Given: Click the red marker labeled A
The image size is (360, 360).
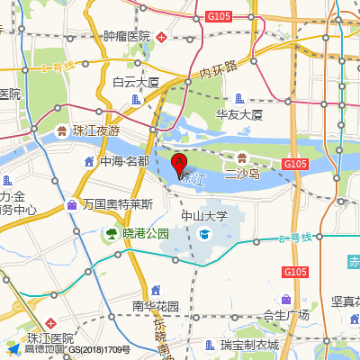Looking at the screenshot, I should tap(179, 164).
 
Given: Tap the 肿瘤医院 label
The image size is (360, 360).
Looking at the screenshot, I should tap(127, 36).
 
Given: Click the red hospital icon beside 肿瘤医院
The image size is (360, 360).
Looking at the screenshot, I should tap(160, 37).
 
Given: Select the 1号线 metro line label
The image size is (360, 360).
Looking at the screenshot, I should tap(58, 67).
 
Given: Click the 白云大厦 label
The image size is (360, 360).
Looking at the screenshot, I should tap(135, 82).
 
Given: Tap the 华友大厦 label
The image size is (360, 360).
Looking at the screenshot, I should tap(238, 114).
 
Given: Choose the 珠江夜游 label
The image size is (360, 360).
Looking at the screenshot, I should tap(96, 130).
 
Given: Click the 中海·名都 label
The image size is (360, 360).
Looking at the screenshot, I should tap(124, 162).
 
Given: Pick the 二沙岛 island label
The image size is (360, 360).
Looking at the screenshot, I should tap(242, 174).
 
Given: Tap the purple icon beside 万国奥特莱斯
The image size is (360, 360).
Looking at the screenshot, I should tap(71, 205).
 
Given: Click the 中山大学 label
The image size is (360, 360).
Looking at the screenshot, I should tap(204, 216).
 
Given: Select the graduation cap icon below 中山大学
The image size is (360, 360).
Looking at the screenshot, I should tap(204, 234).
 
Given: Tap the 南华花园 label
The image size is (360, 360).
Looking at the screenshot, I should tap(156, 306).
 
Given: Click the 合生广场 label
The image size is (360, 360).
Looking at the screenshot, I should tap(285, 315).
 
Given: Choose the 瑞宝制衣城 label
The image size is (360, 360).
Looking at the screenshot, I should tap(249, 345).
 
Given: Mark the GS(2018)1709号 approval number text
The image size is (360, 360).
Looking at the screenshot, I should tap(99, 350).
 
